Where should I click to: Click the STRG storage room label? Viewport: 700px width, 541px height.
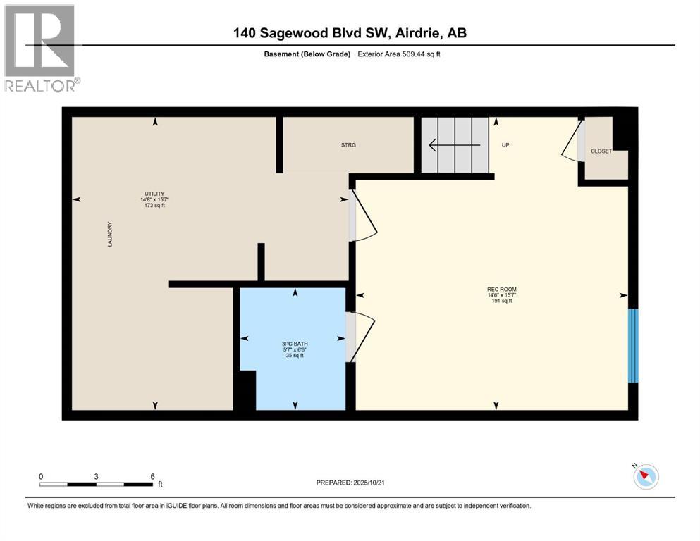348,145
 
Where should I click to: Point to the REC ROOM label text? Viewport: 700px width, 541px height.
496,290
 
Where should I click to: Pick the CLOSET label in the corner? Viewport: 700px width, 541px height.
601,151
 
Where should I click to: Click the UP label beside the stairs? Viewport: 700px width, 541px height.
505,145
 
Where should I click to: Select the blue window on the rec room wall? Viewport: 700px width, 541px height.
633,345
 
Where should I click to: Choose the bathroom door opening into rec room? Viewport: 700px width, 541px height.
363,337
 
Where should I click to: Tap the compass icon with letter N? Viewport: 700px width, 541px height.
646,477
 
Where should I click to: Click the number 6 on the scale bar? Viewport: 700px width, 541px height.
152,476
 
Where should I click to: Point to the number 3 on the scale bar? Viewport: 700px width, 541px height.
96,476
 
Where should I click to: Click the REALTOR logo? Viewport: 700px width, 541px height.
40,49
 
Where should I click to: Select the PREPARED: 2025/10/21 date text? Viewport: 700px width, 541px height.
350,483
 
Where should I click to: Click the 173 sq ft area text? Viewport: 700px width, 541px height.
154,206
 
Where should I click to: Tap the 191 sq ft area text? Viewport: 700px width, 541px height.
496,301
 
